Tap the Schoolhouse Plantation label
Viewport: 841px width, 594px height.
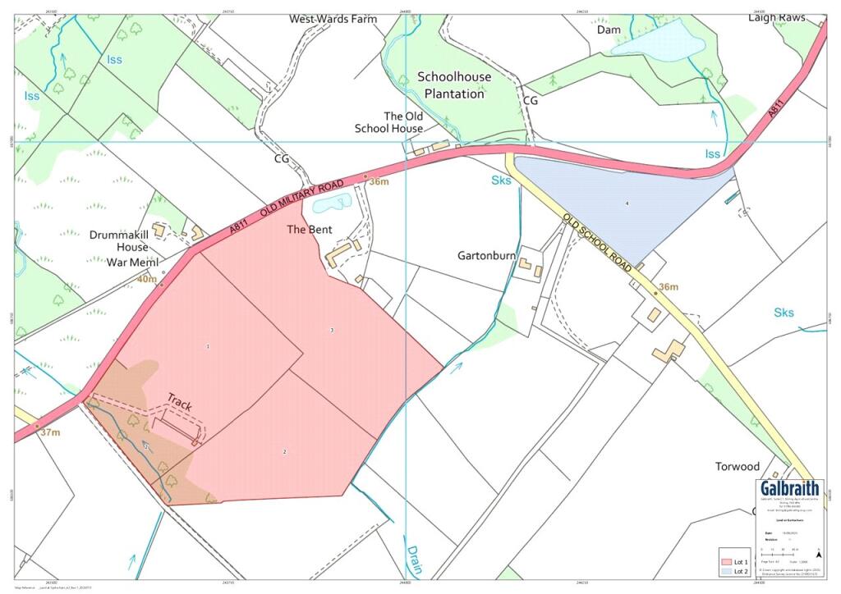click(454, 85)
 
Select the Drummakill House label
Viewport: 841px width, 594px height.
click(119, 241)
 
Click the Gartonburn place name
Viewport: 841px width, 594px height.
click(486, 255)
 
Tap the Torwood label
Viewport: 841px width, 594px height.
click(737, 467)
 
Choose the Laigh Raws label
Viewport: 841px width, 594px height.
click(776, 17)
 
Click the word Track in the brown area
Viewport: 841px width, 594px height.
click(180, 401)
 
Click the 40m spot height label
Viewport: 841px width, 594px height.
click(146, 280)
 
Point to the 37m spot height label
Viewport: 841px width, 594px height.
click(50, 432)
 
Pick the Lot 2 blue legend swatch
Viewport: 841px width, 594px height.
click(724, 571)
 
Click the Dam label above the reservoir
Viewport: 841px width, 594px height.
click(609, 29)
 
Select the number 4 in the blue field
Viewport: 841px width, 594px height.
click(627, 203)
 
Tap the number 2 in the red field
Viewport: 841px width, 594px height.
click(285, 452)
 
